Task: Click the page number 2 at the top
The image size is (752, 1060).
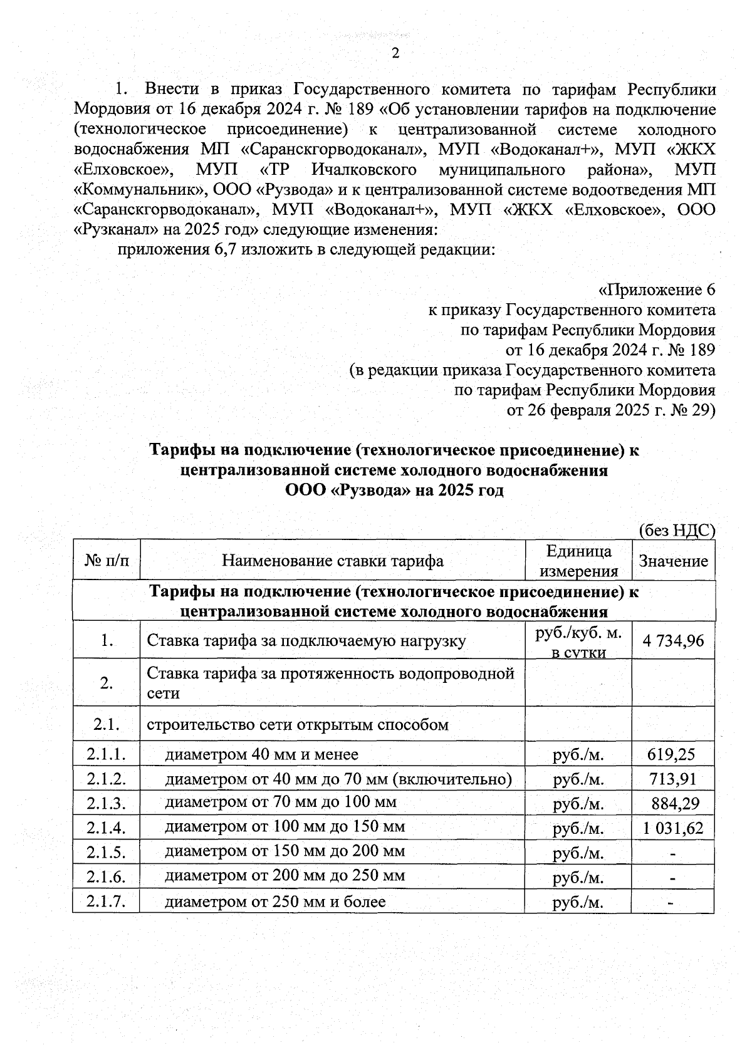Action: tap(395, 54)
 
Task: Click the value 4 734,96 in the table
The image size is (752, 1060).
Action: tap(673, 640)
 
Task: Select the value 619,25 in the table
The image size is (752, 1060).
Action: tap(671, 754)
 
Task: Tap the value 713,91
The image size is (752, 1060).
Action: tap(672, 779)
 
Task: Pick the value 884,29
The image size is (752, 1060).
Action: tap(675, 804)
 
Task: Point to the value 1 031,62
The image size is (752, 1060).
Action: tap(673, 828)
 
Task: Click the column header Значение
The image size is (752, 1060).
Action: tap(673, 561)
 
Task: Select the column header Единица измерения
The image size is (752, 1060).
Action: tap(578, 561)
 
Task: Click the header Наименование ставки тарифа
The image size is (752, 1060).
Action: tap(332, 561)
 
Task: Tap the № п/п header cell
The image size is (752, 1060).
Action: tap(106, 561)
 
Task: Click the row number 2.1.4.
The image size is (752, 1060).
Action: tap(107, 828)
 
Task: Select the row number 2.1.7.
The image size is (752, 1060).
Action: tap(107, 902)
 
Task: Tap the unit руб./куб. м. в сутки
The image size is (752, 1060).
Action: tap(578, 642)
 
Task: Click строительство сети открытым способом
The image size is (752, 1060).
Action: tap(298, 725)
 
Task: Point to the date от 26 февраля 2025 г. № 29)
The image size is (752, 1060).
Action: tap(610, 410)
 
